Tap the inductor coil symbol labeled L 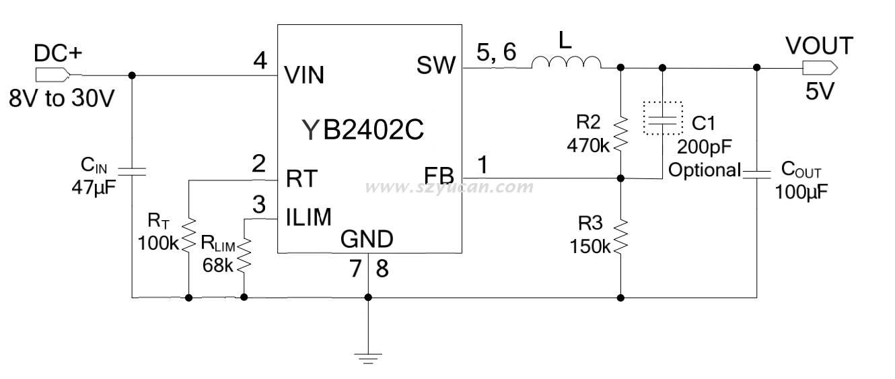[x=567, y=63]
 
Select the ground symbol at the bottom [x=368, y=357]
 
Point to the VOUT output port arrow [x=819, y=67]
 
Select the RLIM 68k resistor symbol [x=244, y=255]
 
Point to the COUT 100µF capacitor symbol [x=756, y=174]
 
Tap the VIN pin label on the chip [x=304, y=75]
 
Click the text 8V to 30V [x=63, y=99]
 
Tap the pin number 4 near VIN [x=260, y=61]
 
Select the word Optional [x=704, y=170]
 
